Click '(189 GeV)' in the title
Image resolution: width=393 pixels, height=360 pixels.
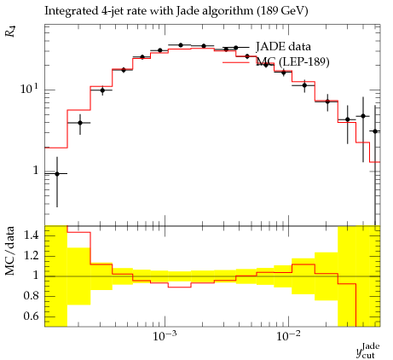[x=282, y=11]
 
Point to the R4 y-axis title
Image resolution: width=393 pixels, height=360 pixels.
[x=11, y=32]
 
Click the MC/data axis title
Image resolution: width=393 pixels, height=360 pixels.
[x=10, y=251]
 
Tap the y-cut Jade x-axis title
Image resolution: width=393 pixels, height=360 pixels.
[x=368, y=351]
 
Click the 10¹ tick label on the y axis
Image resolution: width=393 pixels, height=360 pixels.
[x=29, y=88]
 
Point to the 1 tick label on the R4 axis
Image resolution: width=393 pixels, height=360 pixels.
[x=36, y=171]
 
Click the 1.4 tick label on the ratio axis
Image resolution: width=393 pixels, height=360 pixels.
[x=32, y=235]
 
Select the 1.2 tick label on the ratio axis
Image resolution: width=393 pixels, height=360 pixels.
[x=32, y=256]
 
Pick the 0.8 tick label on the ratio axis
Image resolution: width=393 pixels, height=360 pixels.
[x=32, y=296]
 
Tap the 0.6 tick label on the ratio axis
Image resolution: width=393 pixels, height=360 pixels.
[x=32, y=316]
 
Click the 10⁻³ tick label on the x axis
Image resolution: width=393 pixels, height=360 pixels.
[x=165, y=336]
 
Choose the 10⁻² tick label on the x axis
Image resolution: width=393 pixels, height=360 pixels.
[x=288, y=336]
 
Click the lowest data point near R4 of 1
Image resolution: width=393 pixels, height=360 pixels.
[x=57, y=174]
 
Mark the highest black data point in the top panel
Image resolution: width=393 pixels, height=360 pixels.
[x=181, y=45]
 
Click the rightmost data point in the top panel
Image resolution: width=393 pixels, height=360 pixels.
[x=375, y=131]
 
